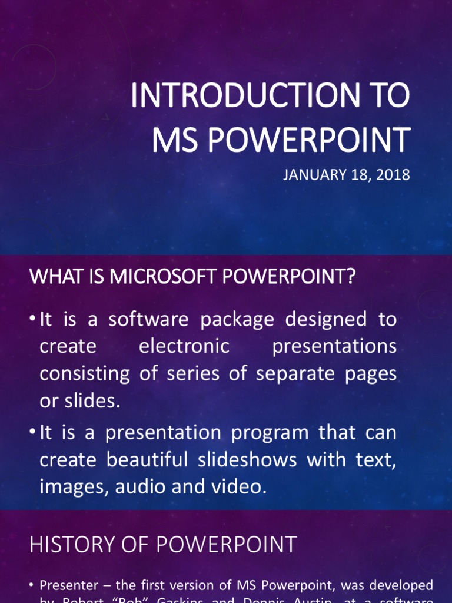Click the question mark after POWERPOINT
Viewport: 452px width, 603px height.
352,277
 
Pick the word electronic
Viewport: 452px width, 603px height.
184,346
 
